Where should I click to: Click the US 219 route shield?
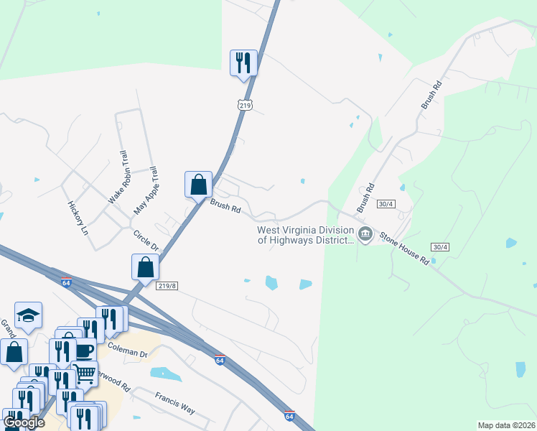coord(246,105)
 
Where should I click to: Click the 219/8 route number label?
coord(166,285)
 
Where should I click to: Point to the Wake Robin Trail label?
coord(118,175)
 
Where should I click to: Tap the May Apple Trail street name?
coord(145,191)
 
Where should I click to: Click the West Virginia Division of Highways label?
coord(306,235)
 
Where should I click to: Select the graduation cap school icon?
coord(28,315)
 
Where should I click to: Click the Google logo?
coord(24,422)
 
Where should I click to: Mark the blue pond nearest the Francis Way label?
coord(166,374)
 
